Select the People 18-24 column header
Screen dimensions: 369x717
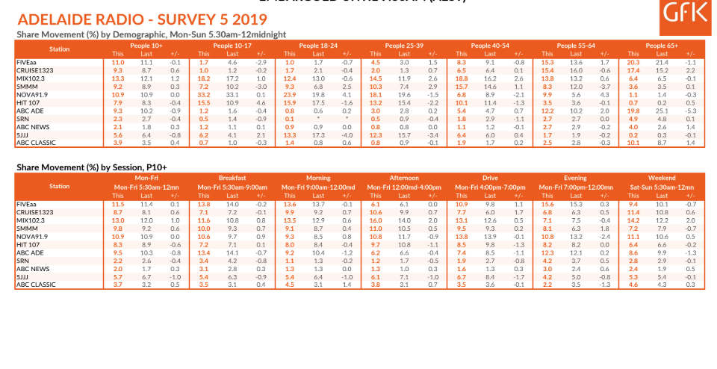coord(320,46)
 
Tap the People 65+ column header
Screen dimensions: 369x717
coord(662,46)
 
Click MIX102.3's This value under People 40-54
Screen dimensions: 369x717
coord(462,78)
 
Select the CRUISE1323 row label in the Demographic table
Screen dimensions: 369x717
coord(34,70)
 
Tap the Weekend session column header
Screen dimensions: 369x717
coord(662,179)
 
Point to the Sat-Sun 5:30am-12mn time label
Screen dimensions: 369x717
coord(662,186)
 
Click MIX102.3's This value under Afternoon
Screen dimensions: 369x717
coord(376,221)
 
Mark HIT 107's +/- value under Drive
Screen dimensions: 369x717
coord(518,244)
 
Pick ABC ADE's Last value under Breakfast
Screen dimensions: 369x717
coord(235,252)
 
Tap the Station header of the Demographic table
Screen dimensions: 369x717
coord(60,49)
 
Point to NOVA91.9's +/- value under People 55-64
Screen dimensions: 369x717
coord(604,95)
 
